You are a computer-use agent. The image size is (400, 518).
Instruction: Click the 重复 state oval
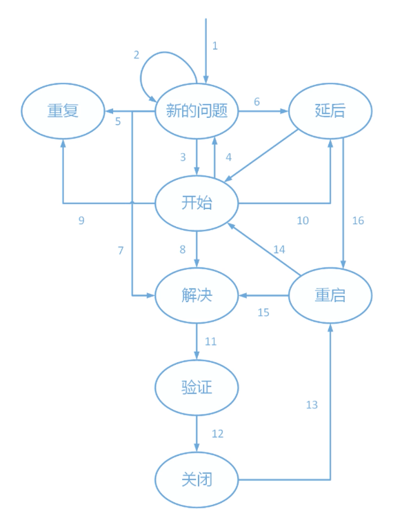click(x=63, y=111)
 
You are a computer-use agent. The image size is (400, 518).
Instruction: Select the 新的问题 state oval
click(x=197, y=111)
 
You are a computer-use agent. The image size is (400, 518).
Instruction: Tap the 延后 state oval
click(x=330, y=111)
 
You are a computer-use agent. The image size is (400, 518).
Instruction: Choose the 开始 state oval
click(x=197, y=203)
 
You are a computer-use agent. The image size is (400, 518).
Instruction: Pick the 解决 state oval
click(x=197, y=295)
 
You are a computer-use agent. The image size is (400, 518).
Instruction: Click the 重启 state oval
click(x=330, y=295)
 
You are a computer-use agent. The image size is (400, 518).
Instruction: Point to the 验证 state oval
click(x=197, y=387)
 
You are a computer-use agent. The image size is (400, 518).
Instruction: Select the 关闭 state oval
click(x=197, y=479)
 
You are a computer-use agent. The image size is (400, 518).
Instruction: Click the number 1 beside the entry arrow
click(x=215, y=46)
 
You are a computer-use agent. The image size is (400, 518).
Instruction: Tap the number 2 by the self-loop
click(x=137, y=55)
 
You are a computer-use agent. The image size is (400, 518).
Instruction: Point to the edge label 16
click(x=358, y=220)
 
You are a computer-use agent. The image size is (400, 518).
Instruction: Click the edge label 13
click(x=312, y=405)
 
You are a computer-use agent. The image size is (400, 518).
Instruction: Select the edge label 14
click(x=279, y=250)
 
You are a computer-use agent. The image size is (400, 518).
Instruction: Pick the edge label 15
click(x=263, y=312)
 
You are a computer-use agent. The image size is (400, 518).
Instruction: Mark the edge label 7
click(x=121, y=250)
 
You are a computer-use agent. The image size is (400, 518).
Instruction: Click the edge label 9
click(x=81, y=220)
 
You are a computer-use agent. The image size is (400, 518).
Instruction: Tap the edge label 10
click(x=303, y=220)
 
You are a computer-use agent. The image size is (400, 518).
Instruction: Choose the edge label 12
click(x=217, y=434)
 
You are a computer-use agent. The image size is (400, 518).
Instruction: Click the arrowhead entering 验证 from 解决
click(x=197, y=355)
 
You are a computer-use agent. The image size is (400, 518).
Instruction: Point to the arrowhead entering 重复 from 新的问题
click(x=110, y=111)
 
